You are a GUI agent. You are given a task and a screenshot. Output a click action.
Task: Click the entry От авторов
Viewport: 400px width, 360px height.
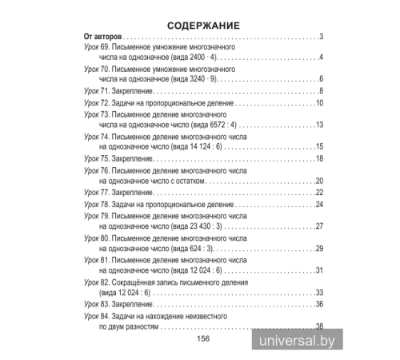point(102,37)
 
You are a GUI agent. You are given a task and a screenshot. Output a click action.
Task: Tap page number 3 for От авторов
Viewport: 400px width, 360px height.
point(320,37)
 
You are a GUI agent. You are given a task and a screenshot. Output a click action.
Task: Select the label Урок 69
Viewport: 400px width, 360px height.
point(96,47)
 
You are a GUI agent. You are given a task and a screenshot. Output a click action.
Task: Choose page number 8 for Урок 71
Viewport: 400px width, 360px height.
point(320,92)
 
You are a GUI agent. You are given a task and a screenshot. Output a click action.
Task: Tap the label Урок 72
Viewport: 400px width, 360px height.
point(96,103)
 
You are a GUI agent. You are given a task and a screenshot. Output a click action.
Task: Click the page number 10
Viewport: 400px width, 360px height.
point(318,103)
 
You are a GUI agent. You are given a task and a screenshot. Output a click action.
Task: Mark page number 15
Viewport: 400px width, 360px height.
point(318,147)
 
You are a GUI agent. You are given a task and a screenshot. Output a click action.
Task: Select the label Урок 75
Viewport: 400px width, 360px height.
point(96,158)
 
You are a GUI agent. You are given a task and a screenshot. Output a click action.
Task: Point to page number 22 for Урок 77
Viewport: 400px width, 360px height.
point(318,193)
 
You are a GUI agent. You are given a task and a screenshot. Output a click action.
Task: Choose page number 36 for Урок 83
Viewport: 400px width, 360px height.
point(318,304)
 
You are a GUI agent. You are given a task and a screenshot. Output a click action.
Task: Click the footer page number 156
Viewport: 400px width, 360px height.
point(202,338)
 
